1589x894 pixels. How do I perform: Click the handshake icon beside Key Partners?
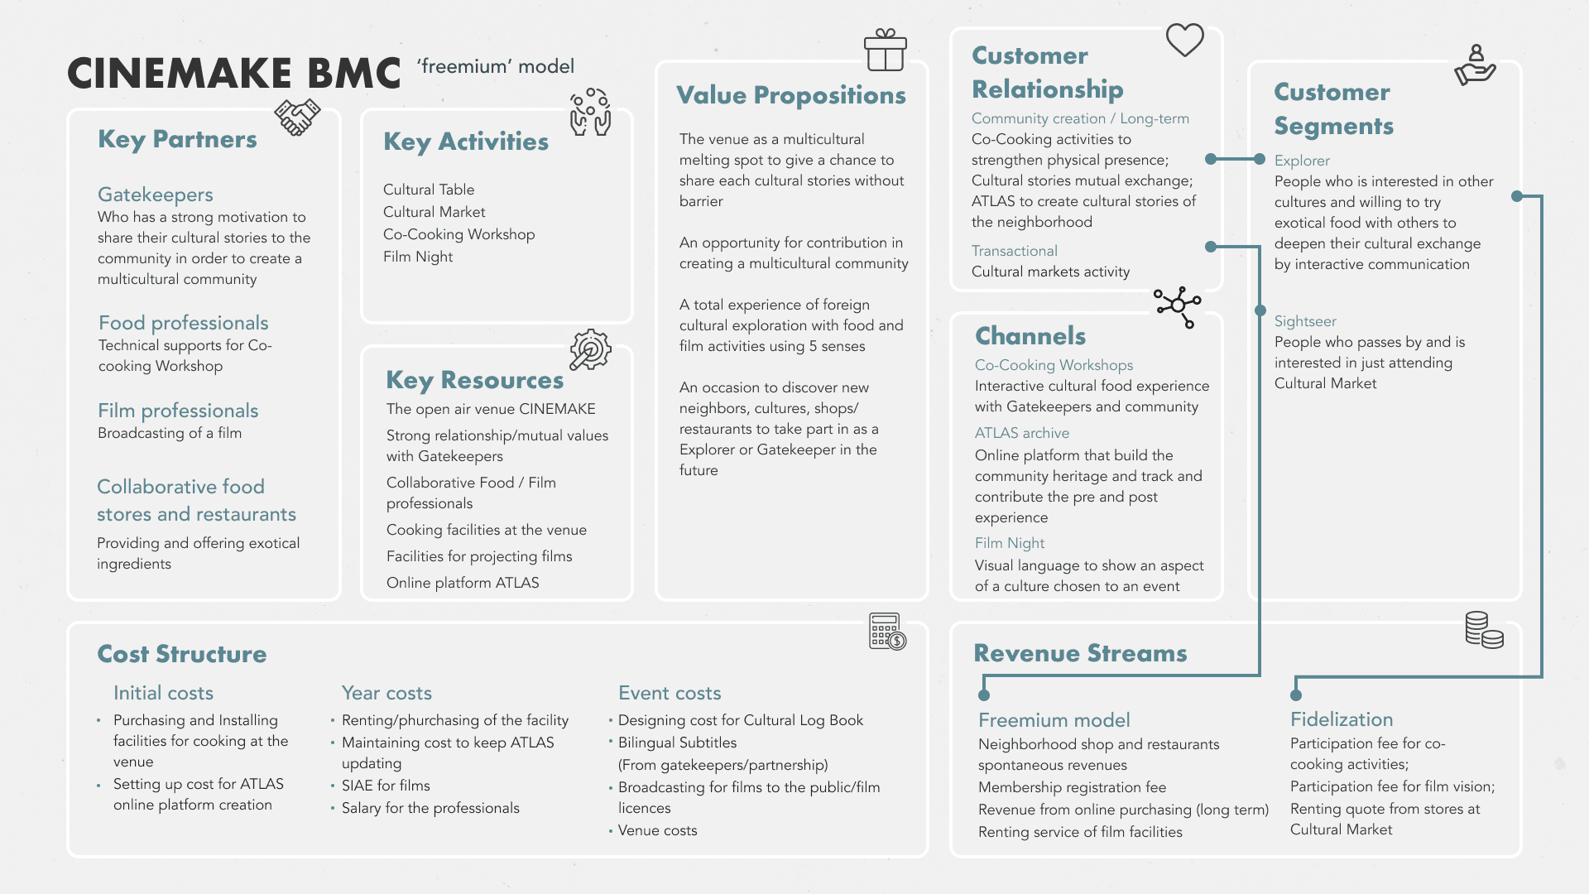point(297,117)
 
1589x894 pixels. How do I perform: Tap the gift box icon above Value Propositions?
point(885,50)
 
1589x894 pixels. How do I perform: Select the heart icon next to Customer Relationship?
point(1184,40)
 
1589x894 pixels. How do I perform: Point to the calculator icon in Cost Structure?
point(887,632)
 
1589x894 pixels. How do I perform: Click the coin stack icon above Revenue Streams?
point(1484,630)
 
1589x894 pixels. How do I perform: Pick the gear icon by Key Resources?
point(590,349)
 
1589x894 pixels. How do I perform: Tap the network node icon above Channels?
point(1178,306)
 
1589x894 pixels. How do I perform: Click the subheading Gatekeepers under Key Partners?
point(156,195)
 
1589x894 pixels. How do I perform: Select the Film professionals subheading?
point(178,411)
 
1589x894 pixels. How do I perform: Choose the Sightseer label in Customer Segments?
point(1305,321)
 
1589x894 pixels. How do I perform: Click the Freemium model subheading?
point(1054,720)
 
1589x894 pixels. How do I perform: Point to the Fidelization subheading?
point(1342,719)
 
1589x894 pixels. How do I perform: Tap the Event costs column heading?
point(670,693)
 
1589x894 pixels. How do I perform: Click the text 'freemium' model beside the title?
point(495,66)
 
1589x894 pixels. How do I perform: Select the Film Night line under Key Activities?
point(418,257)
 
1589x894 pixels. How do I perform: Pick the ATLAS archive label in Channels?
point(1022,433)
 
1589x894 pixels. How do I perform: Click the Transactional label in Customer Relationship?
point(1015,251)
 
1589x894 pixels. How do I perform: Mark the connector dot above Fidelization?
point(1296,695)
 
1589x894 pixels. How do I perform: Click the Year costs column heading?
point(386,693)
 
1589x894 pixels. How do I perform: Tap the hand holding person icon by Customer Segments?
point(1475,65)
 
